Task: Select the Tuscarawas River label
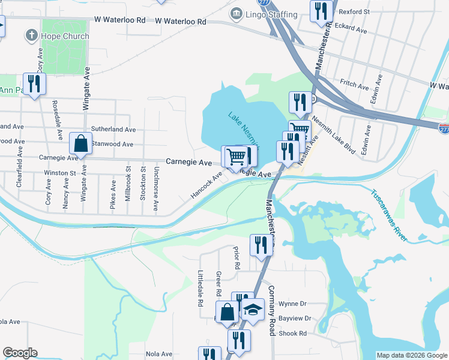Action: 388,215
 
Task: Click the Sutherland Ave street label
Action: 113,129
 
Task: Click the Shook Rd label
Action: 293,333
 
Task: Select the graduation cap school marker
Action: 253,310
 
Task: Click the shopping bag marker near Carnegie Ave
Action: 80,143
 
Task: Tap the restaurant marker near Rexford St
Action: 321,11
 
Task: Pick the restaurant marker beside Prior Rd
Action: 261,244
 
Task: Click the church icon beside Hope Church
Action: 32,36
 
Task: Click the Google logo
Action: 20,353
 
